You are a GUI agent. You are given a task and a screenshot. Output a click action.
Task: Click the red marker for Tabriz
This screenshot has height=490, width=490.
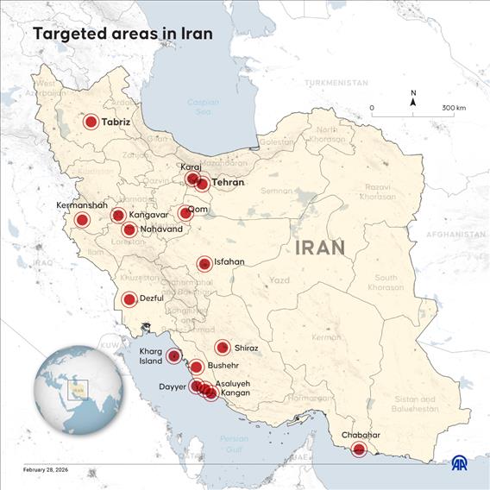coord(91,122)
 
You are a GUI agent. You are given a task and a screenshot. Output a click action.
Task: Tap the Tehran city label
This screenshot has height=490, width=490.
coord(228,183)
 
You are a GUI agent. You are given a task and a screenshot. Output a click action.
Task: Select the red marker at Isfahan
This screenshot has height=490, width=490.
coord(204,264)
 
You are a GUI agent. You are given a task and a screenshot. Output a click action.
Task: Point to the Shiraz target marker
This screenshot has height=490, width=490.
coord(223,348)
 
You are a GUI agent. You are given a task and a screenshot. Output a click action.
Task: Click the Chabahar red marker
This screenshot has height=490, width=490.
coord(359,449)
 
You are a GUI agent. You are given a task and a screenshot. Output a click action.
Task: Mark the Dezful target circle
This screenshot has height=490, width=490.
coord(129,300)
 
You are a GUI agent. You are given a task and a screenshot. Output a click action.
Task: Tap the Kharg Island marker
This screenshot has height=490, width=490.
coord(174,355)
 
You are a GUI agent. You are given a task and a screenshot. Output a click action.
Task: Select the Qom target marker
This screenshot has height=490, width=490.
coord(185,213)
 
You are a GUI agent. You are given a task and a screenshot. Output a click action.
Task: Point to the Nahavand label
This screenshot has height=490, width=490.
coord(161,229)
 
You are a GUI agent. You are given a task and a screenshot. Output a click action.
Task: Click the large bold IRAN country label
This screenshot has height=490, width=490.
coord(320,248)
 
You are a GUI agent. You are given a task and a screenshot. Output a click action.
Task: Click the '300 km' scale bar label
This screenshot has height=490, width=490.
coord(454,108)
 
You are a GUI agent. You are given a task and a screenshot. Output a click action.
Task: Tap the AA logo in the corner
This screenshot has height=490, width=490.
coord(462,464)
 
